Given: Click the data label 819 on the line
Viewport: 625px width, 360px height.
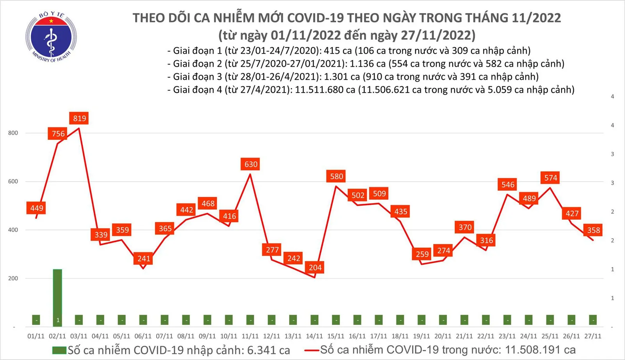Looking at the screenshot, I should pyautogui.click(x=79, y=118).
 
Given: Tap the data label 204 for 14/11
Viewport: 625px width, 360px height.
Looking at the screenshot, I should pyautogui.click(x=315, y=267).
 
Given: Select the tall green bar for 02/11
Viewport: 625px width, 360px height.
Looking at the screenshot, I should pyautogui.click(x=57, y=297).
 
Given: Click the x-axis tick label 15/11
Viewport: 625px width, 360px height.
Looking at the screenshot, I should pyautogui.click(x=336, y=336).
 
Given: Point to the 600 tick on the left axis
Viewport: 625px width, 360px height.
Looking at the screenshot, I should pyautogui.click(x=13, y=182).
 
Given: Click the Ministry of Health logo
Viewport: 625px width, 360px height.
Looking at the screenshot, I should pyautogui.click(x=51, y=37).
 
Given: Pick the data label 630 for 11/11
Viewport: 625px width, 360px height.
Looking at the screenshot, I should pyautogui.click(x=251, y=164).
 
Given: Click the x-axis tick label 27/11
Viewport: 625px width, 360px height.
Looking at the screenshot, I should pyautogui.click(x=593, y=336).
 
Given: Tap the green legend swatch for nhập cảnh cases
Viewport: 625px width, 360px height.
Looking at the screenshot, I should pyautogui.click(x=59, y=350).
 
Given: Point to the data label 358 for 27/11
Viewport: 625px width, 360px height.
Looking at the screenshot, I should pyautogui.click(x=593, y=230).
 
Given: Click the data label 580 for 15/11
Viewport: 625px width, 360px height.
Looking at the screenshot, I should pyautogui.click(x=336, y=176).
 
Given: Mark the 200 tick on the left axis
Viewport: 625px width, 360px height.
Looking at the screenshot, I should pyautogui.click(x=13, y=278).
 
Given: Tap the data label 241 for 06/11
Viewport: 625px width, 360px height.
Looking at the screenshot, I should pyautogui.click(x=144, y=258).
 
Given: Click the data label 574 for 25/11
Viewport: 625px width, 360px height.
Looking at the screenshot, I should pyautogui.click(x=550, y=178).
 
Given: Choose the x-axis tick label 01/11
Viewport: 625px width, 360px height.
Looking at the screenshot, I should pyautogui.click(x=36, y=336).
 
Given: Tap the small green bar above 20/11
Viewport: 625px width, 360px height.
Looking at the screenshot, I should pyautogui.click(x=443, y=320).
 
